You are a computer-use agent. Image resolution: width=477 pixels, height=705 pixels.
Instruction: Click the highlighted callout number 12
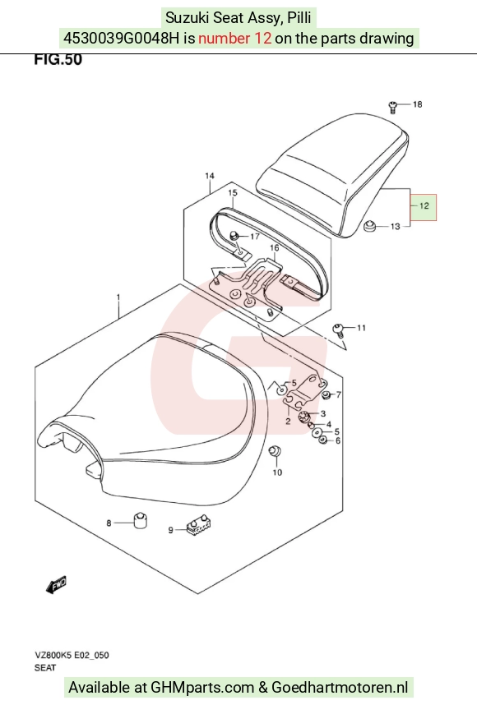coord(424,206)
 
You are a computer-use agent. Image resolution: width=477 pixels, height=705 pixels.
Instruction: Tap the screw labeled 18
coord(392,107)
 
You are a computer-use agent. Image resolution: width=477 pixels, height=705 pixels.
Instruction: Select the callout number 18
coord(417,104)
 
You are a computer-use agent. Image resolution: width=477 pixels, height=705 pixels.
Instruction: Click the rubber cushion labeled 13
coord(369,225)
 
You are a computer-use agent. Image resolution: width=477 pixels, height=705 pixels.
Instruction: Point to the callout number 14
coord(210,176)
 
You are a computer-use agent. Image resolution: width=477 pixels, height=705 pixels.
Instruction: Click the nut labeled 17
coord(234,235)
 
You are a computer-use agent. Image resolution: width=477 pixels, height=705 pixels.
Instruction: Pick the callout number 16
coord(274,248)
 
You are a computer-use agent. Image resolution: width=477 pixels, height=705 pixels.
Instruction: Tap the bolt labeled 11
coord(338,329)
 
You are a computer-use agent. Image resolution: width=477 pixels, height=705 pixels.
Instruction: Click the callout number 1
coord(118,297)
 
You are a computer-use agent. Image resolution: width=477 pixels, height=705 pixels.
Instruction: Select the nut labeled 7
coord(326,394)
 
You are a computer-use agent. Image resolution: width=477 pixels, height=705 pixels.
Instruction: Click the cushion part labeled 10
coord(274,450)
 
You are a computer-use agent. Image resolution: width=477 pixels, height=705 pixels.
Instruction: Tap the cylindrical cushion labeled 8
coord(141,520)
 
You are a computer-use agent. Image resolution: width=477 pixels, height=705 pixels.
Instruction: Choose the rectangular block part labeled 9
coord(198,523)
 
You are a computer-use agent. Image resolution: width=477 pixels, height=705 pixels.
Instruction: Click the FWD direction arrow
coord(56,584)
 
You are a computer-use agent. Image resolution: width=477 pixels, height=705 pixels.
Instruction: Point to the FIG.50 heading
coord(58,59)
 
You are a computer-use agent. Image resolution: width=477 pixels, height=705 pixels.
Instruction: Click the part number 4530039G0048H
coord(121,39)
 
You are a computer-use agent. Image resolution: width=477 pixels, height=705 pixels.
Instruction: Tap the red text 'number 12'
coord(234,39)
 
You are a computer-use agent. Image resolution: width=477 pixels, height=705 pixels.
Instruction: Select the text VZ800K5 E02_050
coord(72,655)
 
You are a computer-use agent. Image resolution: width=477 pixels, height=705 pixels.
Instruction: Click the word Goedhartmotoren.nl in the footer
coord(340,688)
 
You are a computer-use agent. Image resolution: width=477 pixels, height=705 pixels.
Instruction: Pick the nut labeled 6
coord(322,440)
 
